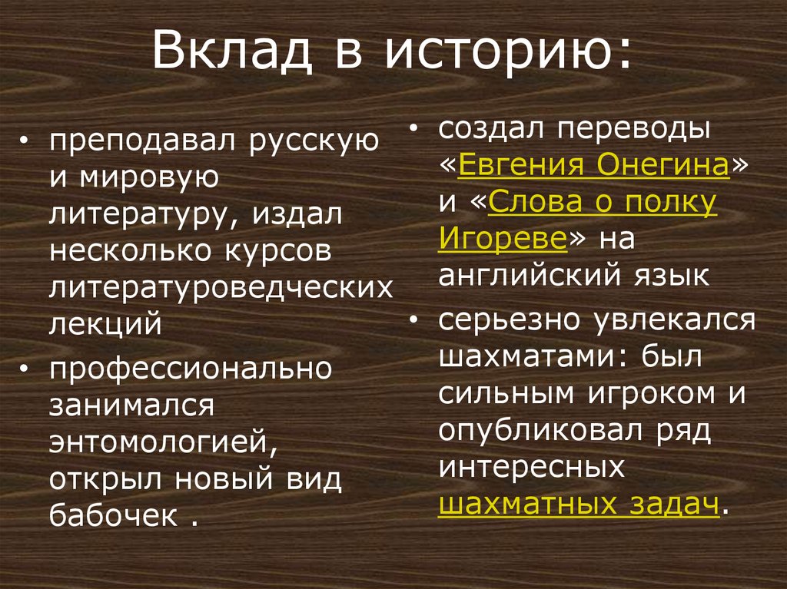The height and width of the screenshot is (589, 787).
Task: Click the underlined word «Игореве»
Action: click(503, 239)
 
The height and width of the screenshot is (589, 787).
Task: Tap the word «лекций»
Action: click(106, 323)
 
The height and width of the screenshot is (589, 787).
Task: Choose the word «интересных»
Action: click(530, 468)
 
